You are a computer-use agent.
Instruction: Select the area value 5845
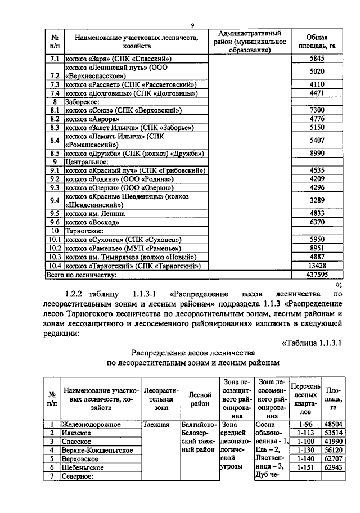point(317,58)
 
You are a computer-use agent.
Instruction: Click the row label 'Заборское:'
point(83,102)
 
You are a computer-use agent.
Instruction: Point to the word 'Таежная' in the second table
point(156,425)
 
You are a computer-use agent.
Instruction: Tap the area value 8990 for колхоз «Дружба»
point(317,153)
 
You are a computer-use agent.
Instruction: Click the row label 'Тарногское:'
point(84,231)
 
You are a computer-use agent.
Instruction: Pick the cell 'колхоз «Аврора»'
point(92,119)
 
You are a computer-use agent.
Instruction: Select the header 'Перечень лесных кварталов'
point(305,399)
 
